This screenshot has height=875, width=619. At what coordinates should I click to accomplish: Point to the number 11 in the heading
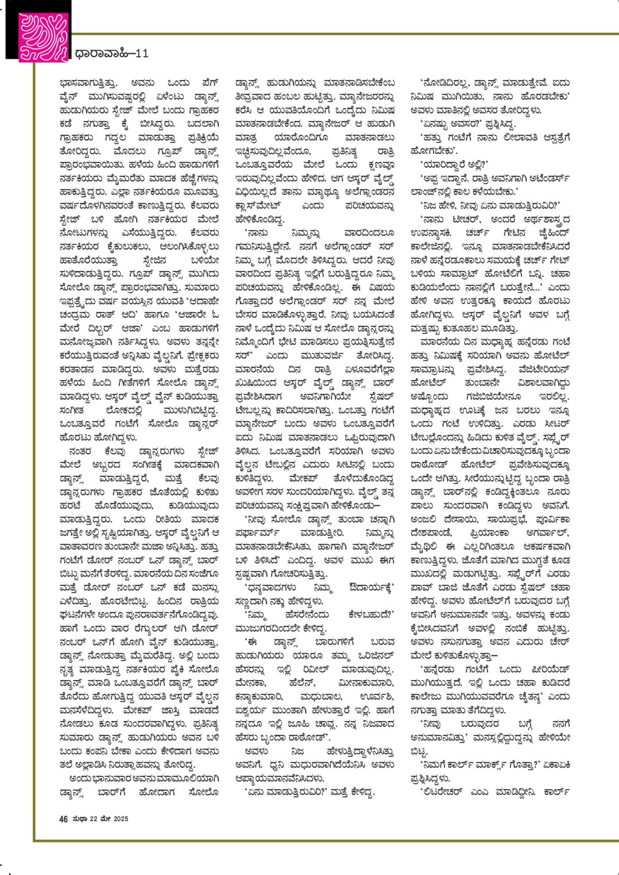pos(142,53)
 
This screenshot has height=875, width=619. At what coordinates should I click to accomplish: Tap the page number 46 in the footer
pos(63,819)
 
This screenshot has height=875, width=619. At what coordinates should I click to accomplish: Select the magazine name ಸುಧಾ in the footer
pos(79,819)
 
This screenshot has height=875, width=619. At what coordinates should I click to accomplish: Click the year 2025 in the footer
pos(119,819)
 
